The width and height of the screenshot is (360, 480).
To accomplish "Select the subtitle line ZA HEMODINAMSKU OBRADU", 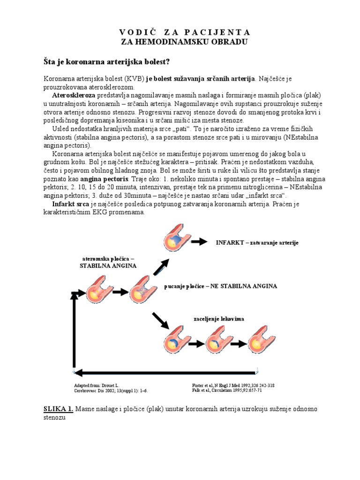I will coord(184,42).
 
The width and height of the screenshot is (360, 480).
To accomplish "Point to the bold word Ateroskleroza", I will coord(73,95).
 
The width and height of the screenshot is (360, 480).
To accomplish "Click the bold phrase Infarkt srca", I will coord(70,204).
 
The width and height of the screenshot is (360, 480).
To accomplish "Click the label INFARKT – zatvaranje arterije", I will coord(257,242).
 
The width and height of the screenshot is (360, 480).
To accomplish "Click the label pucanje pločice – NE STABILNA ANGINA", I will coord(221,286).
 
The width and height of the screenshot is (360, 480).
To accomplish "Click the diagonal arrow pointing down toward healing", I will coord(160,321).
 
